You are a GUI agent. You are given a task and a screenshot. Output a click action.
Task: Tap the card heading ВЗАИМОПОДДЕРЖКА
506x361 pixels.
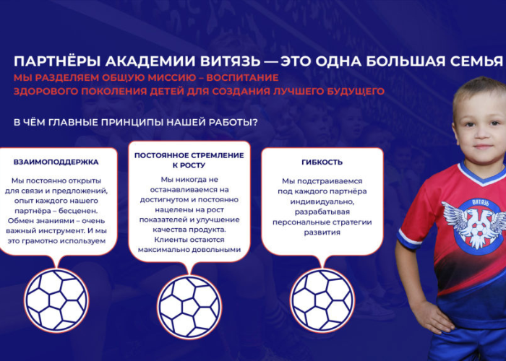tap(56, 162)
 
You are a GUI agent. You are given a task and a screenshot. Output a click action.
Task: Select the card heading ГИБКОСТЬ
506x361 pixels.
tap(322, 162)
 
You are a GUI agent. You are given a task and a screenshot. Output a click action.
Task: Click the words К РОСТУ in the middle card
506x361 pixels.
tap(189, 165)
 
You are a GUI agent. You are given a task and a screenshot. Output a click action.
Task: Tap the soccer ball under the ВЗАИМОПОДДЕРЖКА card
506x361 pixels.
tap(56, 300)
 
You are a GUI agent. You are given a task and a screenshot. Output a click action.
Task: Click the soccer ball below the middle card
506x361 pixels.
tap(189, 307)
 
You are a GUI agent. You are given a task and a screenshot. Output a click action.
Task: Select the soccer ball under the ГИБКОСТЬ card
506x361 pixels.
tap(322, 300)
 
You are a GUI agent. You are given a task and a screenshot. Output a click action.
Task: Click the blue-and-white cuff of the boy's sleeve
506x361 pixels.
tap(408, 239)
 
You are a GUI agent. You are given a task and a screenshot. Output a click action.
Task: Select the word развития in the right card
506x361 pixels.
tap(322, 232)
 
